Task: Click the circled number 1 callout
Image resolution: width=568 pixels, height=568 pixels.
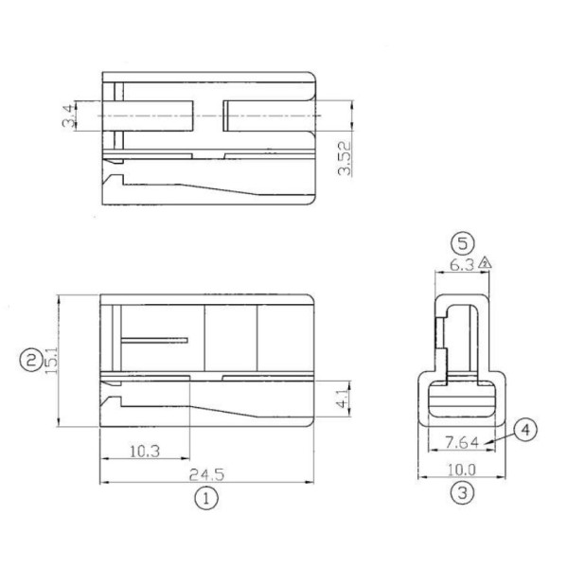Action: pyautogui.click(x=205, y=496)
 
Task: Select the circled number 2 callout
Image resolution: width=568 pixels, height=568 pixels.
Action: pyautogui.click(x=31, y=359)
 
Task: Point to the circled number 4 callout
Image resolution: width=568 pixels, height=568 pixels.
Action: pyautogui.click(x=527, y=430)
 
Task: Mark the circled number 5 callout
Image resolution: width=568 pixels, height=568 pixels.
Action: pyautogui.click(x=461, y=241)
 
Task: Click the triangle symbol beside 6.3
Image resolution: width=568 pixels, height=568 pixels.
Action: pyautogui.click(x=486, y=264)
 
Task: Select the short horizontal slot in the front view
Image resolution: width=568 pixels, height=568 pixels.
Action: pyautogui.click(x=155, y=339)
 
